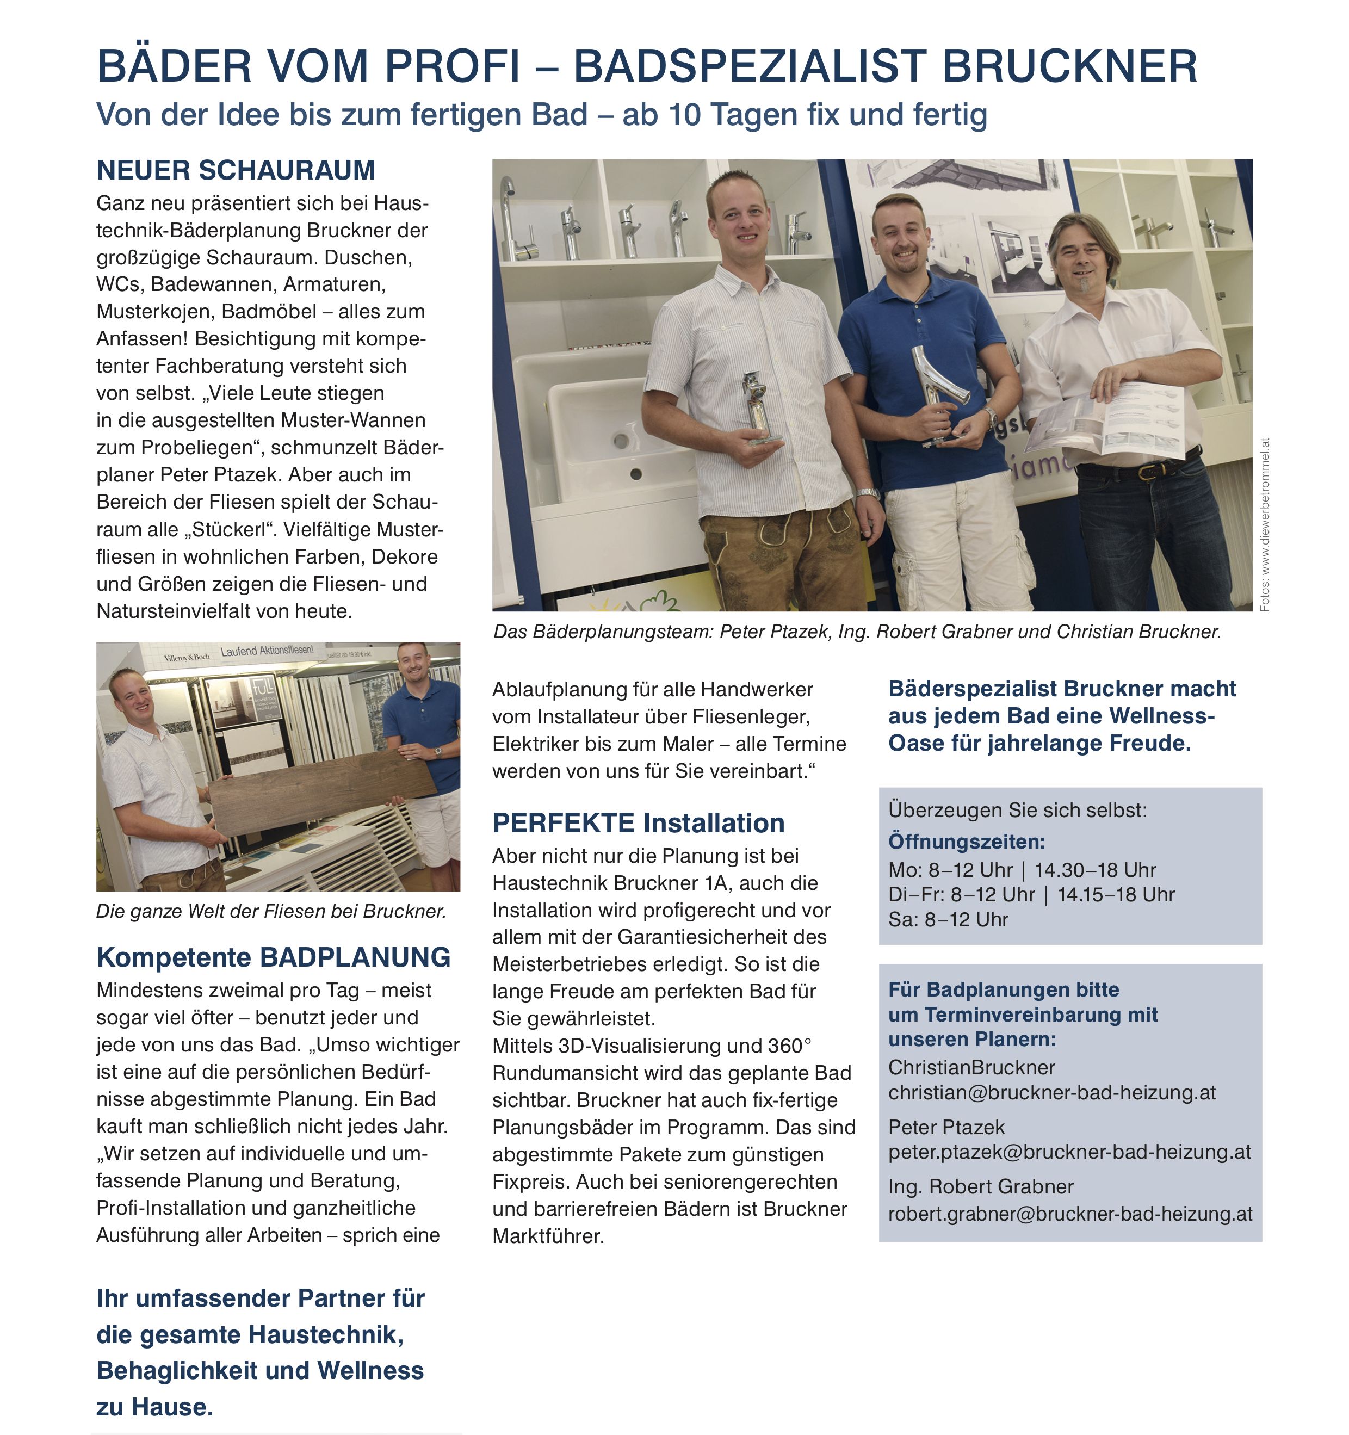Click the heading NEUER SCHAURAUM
pyautogui.click(x=236, y=170)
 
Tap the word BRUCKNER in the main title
pyautogui.click(x=1069, y=66)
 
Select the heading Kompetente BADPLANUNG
pyautogui.click(x=274, y=957)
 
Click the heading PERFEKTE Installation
pyautogui.click(x=638, y=823)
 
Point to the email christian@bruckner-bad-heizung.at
pyautogui.click(x=1051, y=1092)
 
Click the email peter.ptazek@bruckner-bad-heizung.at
pyautogui.click(x=1069, y=1152)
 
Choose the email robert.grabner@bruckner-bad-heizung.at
pyautogui.click(x=1069, y=1214)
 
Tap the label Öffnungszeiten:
pyautogui.click(x=967, y=842)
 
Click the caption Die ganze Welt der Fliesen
pyautogui.click(x=271, y=911)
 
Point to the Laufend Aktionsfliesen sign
pyautogui.click(x=267, y=651)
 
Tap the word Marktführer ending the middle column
pyautogui.click(x=548, y=1236)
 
